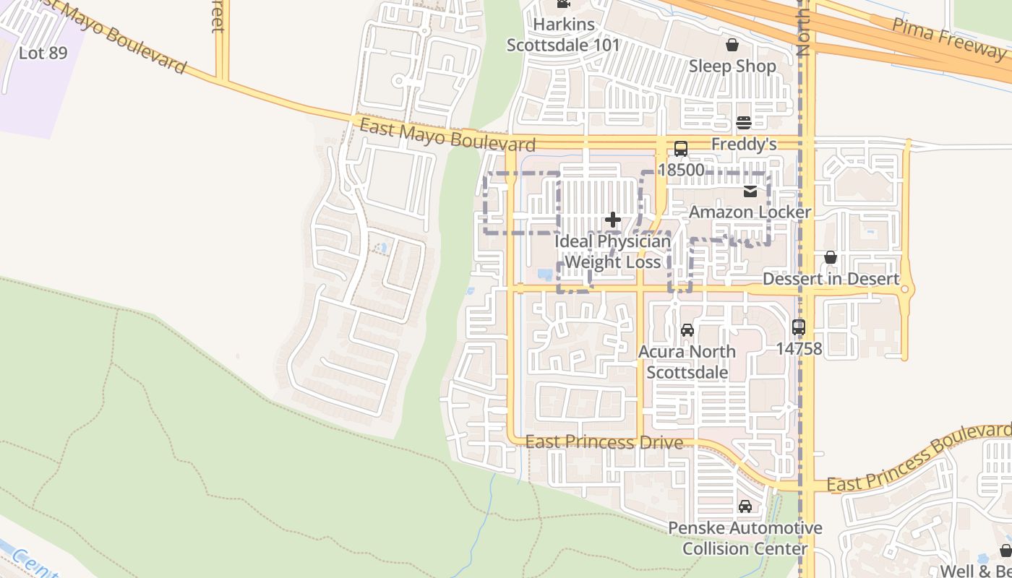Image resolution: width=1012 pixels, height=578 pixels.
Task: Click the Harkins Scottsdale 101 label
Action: click(x=563, y=35)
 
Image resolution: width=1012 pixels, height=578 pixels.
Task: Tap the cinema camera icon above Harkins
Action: click(x=563, y=4)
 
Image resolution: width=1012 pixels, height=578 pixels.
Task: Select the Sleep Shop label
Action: click(x=732, y=66)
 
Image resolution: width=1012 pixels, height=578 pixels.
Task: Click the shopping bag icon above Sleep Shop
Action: click(x=732, y=45)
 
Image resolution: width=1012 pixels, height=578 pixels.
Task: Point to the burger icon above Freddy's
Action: click(x=744, y=123)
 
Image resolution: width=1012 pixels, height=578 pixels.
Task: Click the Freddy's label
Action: click(x=744, y=144)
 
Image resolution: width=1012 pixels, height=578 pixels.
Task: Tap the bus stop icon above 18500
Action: click(x=680, y=149)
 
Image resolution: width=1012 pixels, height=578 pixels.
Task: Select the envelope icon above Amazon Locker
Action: click(x=750, y=191)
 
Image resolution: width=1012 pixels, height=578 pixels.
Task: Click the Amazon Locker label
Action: click(x=750, y=212)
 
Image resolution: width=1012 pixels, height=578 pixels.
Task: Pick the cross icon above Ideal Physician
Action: click(x=613, y=220)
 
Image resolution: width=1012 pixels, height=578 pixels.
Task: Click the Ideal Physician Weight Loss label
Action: click(x=613, y=251)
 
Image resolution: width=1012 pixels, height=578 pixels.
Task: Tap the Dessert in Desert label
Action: click(x=831, y=279)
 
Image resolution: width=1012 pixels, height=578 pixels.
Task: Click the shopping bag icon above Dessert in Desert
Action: click(x=831, y=258)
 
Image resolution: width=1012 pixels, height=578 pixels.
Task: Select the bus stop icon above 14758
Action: click(x=799, y=327)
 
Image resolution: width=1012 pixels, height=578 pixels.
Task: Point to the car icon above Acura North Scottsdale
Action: click(x=687, y=330)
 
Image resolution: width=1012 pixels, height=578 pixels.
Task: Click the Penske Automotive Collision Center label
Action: click(x=745, y=538)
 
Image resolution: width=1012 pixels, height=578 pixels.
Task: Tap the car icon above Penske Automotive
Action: click(x=745, y=506)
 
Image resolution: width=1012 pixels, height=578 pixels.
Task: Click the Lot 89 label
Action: click(x=43, y=53)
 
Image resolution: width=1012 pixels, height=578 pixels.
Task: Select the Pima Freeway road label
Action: click(x=948, y=38)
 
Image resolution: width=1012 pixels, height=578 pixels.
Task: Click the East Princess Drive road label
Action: click(x=604, y=441)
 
